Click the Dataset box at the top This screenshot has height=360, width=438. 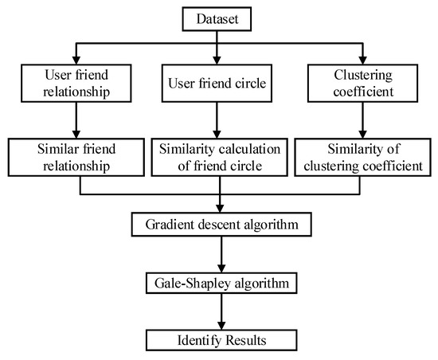[217, 15]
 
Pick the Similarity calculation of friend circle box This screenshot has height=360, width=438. [217, 156]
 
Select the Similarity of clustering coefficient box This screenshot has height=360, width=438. [362, 156]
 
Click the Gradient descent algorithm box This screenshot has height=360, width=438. [217, 225]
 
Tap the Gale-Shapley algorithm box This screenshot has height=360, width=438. [217, 281]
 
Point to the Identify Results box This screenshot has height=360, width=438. [217, 338]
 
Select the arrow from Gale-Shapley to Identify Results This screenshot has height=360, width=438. [217, 310]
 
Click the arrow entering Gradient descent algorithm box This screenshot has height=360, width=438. [217, 204]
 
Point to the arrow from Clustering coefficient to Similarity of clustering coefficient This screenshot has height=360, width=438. [362, 121]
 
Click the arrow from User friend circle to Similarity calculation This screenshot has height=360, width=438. [217, 121]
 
